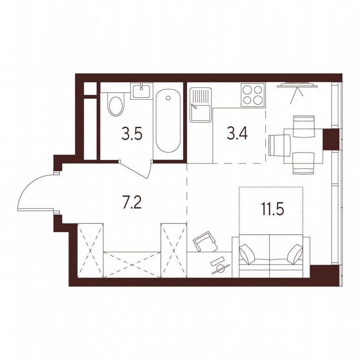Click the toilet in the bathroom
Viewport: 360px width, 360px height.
pos(115,105)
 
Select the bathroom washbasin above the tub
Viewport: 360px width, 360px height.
pos(142,90)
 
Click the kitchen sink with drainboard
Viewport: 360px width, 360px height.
pos(200,104)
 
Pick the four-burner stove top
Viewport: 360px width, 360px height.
pos(252,95)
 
